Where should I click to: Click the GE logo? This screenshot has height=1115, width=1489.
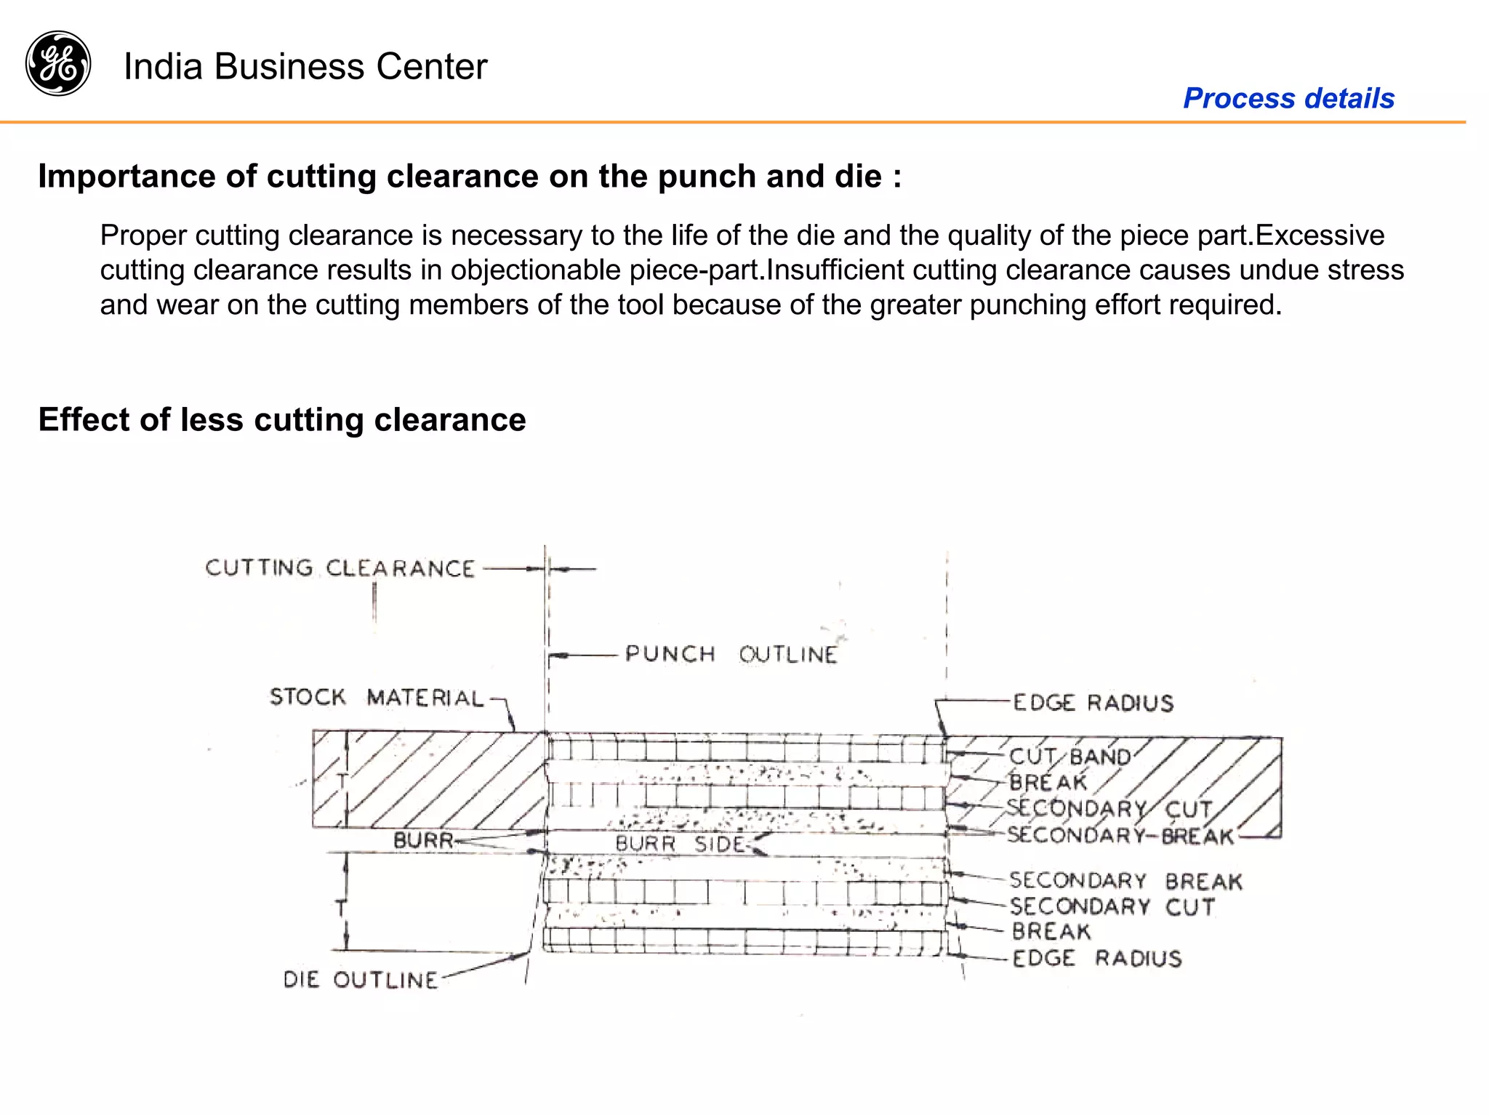(x=58, y=64)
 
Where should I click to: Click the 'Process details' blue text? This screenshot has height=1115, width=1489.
(x=1288, y=98)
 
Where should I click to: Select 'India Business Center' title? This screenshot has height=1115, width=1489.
(x=305, y=67)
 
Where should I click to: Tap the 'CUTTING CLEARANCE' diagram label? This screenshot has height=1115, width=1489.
(x=340, y=568)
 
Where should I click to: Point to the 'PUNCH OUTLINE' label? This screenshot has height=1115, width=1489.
(x=731, y=654)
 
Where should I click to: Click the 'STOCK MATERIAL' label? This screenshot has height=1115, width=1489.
(x=376, y=698)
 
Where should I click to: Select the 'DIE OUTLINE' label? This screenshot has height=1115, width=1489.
(x=360, y=980)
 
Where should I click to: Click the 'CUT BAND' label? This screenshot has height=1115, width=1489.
(x=1069, y=757)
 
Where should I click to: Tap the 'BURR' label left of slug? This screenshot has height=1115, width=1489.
(x=422, y=841)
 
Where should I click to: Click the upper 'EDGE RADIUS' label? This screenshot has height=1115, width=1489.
(x=1093, y=703)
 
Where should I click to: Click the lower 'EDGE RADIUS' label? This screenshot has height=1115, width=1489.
(x=1096, y=959)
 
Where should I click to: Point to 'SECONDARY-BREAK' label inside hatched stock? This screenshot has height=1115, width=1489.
(x=1120, y=836)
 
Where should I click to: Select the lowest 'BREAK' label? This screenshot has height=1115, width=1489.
(x=1051, y=932)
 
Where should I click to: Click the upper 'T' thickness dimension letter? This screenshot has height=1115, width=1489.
(x=342, y=781)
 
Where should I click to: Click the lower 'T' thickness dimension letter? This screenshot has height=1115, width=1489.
(x=340, y=907)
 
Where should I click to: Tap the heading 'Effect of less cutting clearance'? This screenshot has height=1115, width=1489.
(x=282, y=420)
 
